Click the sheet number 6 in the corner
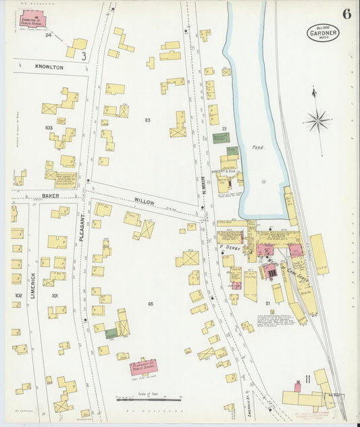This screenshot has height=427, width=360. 346,14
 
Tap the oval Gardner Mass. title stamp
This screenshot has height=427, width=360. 323,32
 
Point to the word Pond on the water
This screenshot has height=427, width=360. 259,147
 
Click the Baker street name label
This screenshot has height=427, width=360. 50,195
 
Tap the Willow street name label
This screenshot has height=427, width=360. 144,201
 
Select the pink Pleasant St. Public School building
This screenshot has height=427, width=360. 143,368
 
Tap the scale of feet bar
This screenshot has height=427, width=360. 149,399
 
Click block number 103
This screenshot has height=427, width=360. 48,128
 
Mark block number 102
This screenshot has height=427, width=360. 18,295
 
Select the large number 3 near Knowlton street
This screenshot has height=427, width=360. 84,57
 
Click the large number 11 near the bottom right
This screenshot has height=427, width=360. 308,376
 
